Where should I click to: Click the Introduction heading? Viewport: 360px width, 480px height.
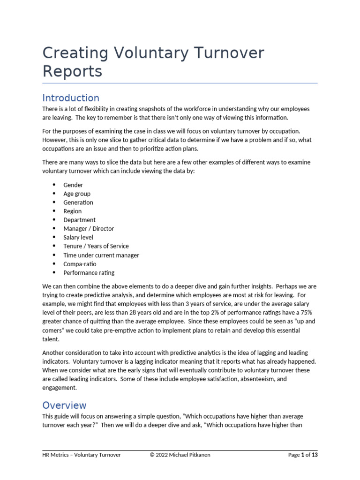click(x=71, y=98)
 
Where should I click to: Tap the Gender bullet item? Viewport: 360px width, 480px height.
click(x=73, y=185)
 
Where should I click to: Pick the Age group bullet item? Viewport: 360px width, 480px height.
click(x=77, y=194)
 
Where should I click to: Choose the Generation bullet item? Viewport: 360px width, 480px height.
click(x=78, y=202)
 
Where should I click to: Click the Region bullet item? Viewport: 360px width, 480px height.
click(x=73, y=211)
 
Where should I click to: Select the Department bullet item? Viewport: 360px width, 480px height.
click(x=79, y=220)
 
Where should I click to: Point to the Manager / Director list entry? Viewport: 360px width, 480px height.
click(x=89, y=229)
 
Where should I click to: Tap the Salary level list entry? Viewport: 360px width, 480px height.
click(x=78, y=238)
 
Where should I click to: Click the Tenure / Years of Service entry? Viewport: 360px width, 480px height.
click(x=96, y=246)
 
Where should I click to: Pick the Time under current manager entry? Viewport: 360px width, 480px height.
click(x=101, y=255)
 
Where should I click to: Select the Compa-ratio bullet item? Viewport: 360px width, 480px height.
click(x=80, y=264)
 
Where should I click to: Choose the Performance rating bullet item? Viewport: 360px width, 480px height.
click(x=89, y=273)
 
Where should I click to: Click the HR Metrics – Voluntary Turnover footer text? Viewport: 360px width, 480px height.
click(x=82, y=455)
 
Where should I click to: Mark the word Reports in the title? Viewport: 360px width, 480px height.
click(x=72, y=72)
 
